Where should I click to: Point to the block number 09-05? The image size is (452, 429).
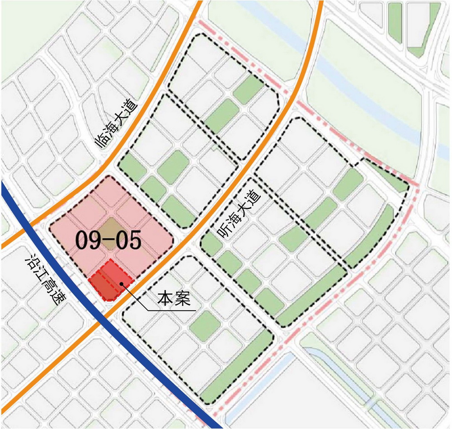tap(108, 240)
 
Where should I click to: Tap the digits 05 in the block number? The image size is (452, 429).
tap(129, 240)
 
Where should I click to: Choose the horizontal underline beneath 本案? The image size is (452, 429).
tap(172, 311)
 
